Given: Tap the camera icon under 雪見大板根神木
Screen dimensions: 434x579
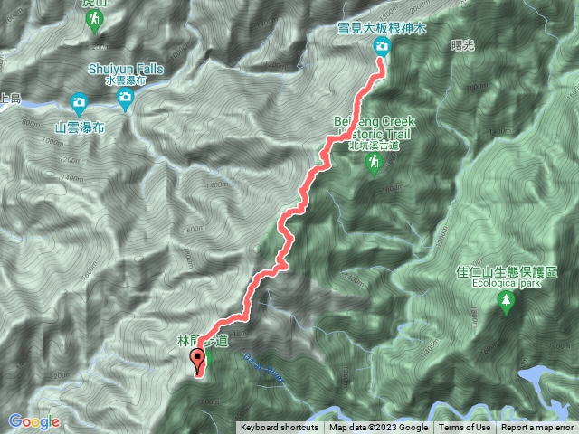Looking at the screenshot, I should [383, 46].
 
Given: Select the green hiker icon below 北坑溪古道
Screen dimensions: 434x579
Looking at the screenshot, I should [373, 162].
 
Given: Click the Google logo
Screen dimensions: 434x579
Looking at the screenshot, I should [34, 421].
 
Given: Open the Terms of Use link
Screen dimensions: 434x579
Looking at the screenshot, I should [464, 428].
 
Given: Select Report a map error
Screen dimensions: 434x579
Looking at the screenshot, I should [537, 428].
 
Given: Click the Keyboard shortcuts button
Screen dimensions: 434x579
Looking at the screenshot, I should [280, 428].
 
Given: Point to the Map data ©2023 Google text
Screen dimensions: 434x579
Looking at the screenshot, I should [378, 428].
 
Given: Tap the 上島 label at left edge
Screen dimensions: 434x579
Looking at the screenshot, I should [8, 100].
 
